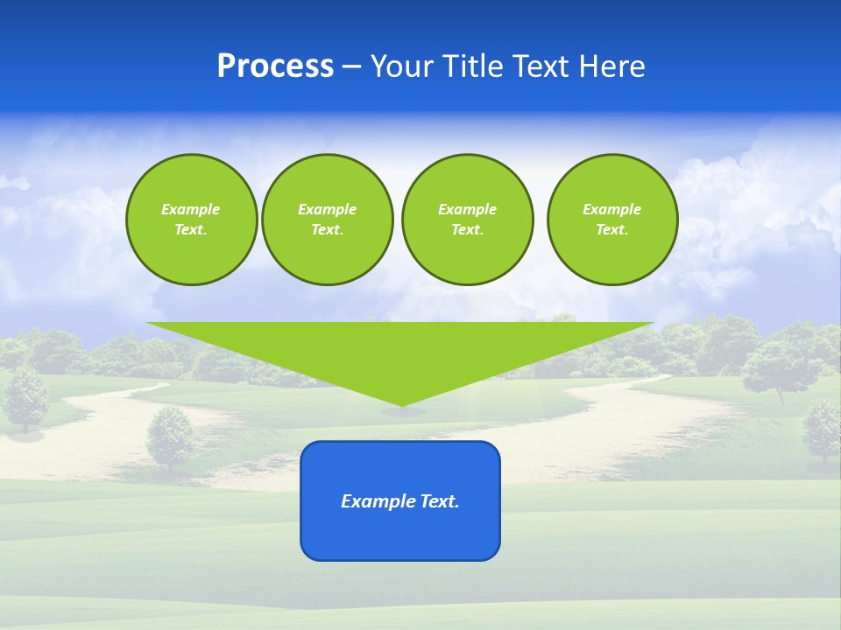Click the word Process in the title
pos(275,66)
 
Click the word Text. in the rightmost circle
pos(612,230)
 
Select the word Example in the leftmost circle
pos(191,209)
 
